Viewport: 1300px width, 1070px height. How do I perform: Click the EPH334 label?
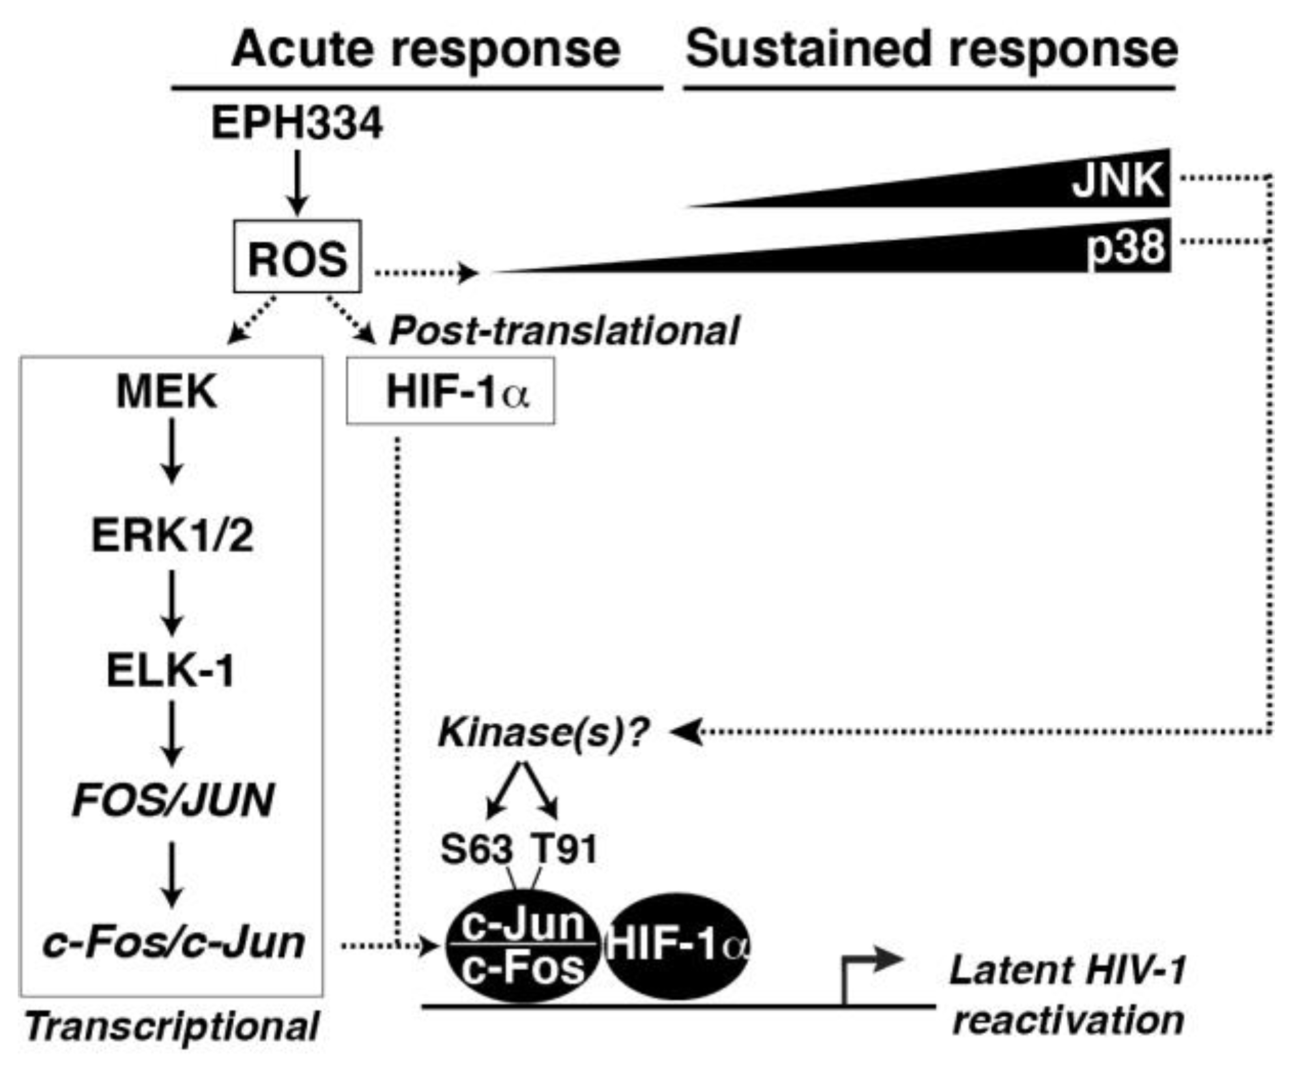coord(297,124)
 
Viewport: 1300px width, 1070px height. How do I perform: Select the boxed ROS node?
coord(297,257)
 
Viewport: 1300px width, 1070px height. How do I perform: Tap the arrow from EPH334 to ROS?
coord(297,182)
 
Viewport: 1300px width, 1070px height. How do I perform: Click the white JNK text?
coord(1117,181)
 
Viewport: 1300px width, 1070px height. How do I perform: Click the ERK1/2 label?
coord(172,535)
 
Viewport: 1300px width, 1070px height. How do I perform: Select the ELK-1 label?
coord(171,670)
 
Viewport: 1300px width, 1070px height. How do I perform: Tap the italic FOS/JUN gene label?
coord(173,799)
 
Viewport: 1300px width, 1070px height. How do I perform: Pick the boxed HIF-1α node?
coord(450,392)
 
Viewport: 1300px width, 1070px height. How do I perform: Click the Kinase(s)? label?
coord(543,732)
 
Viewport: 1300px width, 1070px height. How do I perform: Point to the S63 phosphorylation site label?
coord(476,850)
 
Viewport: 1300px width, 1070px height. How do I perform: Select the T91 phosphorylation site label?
coord(565,850)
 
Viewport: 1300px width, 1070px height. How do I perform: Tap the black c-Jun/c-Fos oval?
coord(523,947)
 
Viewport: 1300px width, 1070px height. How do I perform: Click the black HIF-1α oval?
coord(678,947)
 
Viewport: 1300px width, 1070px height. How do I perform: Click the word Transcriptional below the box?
coord(172,1027)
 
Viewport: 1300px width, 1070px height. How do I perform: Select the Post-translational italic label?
coord(564,331)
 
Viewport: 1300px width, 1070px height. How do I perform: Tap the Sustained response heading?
coord(931,49)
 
